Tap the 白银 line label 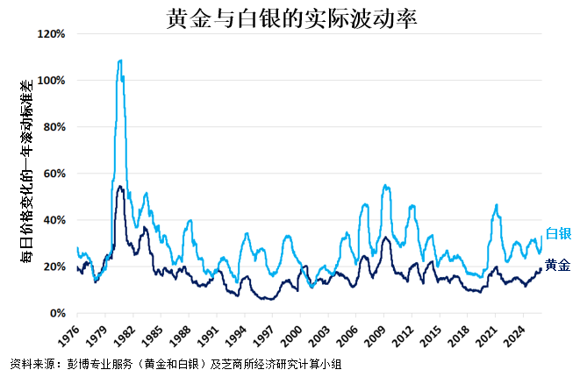tap(558, 233)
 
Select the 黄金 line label tap(558, 265)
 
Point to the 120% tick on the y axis tap(51, 34)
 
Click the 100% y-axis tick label tap(51, 81)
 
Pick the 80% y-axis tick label tap(54, 127)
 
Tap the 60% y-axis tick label tap(54, 174)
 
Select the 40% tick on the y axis tap(54, 220)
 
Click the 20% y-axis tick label tap(54, 267)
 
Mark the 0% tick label tap(56, 313)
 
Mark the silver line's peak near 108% tap(119, 60)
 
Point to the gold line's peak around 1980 tap(119, 186)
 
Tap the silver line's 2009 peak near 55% tap(384, 185)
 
